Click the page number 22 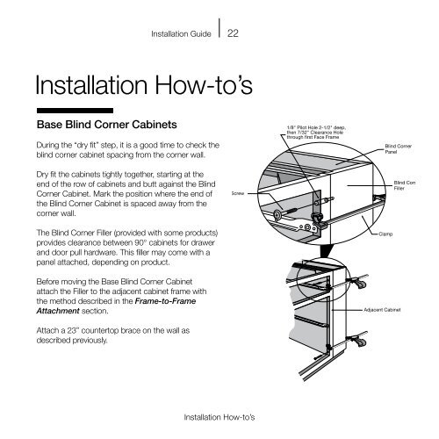(234, 34)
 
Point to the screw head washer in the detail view (277, 214)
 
